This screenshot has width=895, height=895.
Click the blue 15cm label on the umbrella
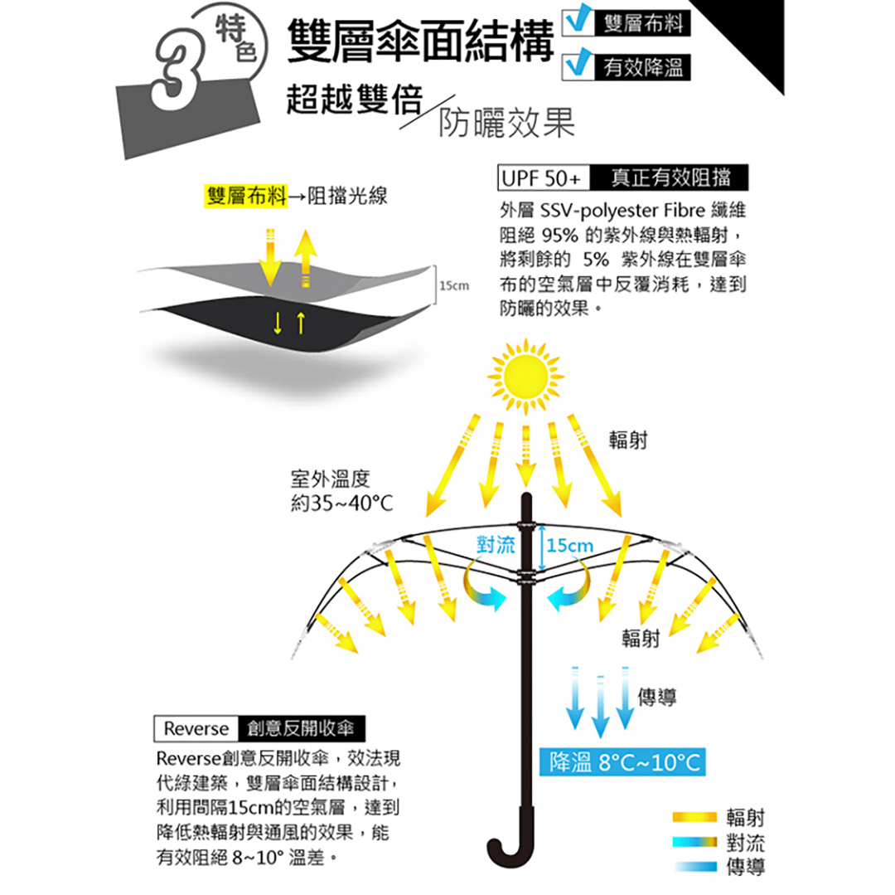pos(570,546)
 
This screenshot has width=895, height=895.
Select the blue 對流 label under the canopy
pos(496,545)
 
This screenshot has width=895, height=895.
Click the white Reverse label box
pos(196,729)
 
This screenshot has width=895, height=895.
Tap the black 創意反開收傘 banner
pos(301,729)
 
